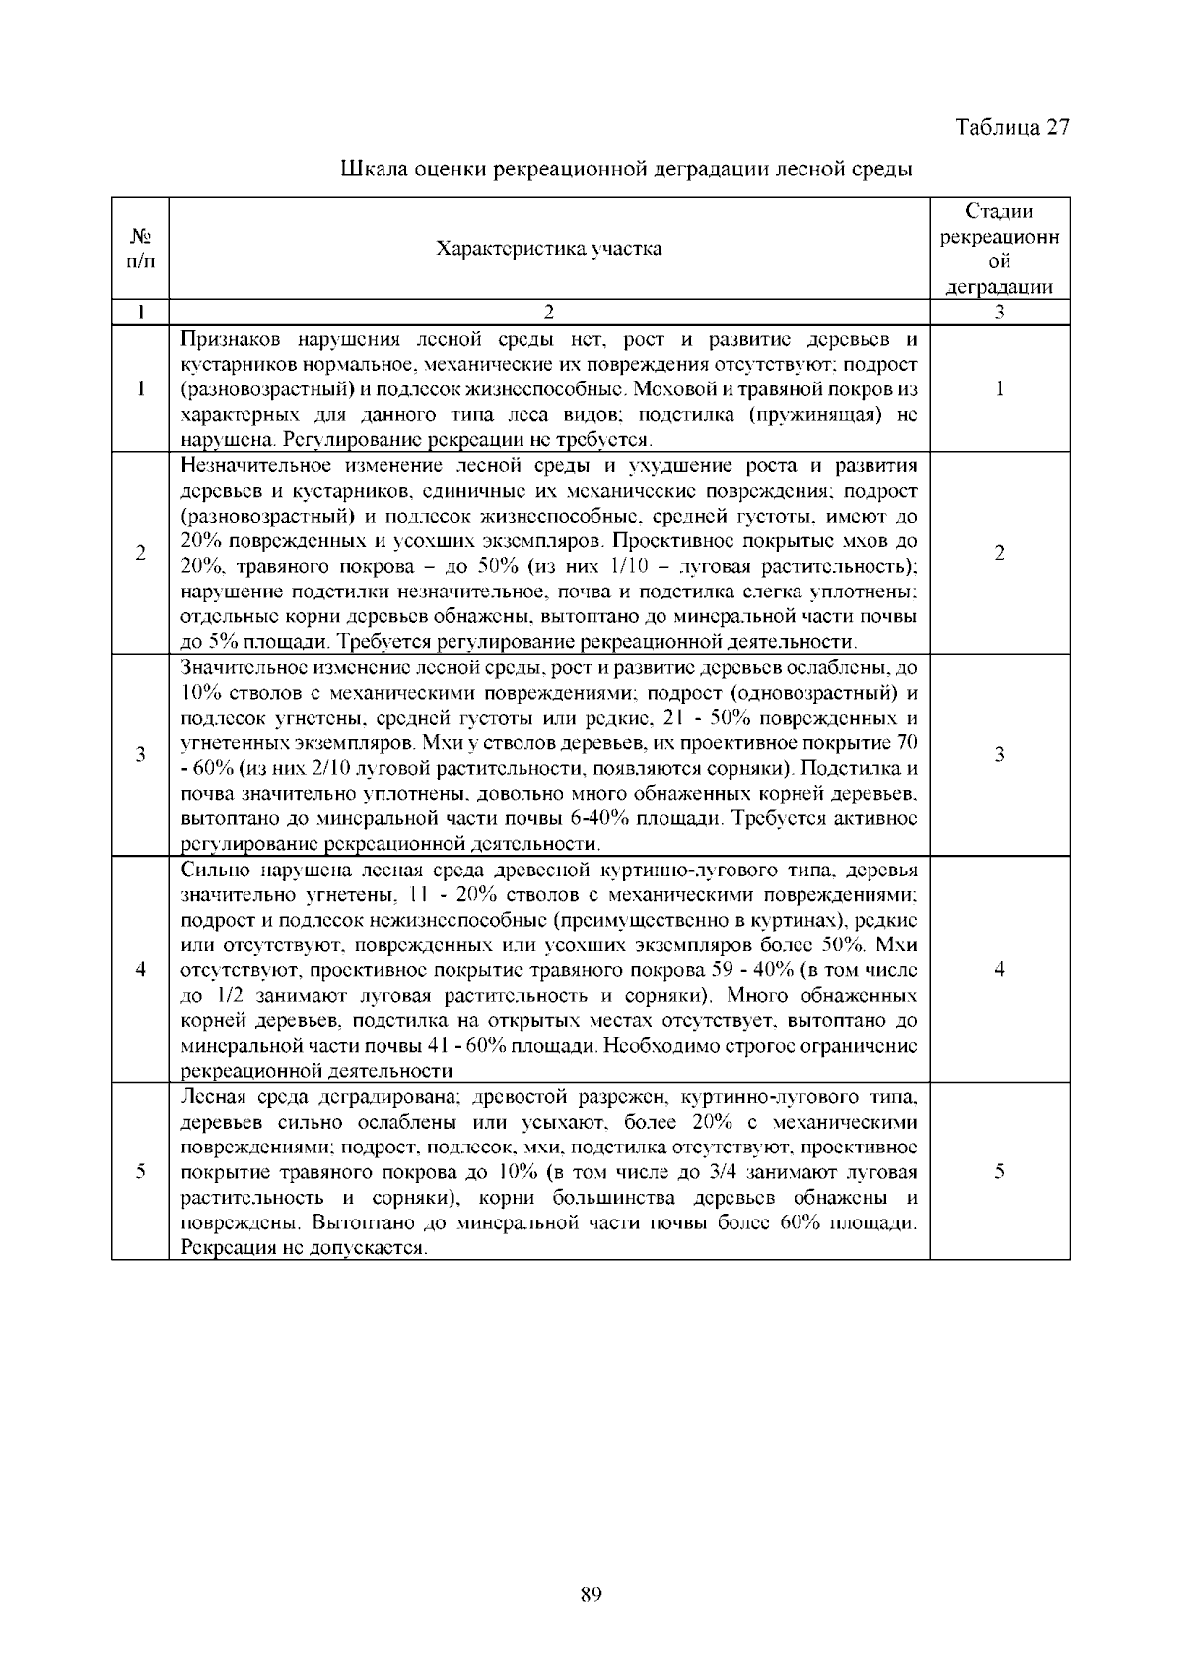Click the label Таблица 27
click(x=1012, y=128)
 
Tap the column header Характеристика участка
click(x=549, y=248)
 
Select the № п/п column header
click(x=141, y=248)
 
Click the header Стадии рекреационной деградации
click(x=999, y=249)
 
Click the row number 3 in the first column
click(x=141, y=755)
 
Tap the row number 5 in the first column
click(x=141, y=1172)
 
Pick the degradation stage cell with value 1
click(x=999, y=388)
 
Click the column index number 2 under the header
click(x=549, y=313)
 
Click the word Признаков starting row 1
click(x=224, y=340)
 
